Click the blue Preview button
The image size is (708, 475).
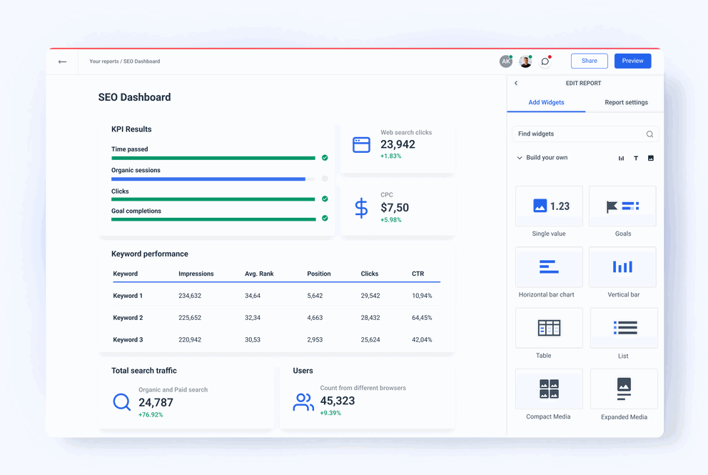point(632,61)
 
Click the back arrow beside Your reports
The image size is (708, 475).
point(63,61)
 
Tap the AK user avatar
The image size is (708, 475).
point(505,61)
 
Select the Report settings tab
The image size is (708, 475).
point(626,102)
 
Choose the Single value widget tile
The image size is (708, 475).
point(549,206)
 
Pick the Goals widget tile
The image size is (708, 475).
point(622,206)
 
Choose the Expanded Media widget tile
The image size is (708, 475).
point(623,389)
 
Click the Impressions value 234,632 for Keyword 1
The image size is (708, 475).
point(190,296)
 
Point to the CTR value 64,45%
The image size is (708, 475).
point(422,318)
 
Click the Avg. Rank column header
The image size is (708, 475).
point(259,274)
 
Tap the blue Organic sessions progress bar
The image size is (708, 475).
point(208,179)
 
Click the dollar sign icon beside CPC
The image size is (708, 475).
point(361,208)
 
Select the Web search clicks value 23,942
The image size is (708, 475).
point(398,144)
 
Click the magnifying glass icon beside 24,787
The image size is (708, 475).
point(122,402)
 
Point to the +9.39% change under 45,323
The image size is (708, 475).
point(330,413)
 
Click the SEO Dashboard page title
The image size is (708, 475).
point(134,97)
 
